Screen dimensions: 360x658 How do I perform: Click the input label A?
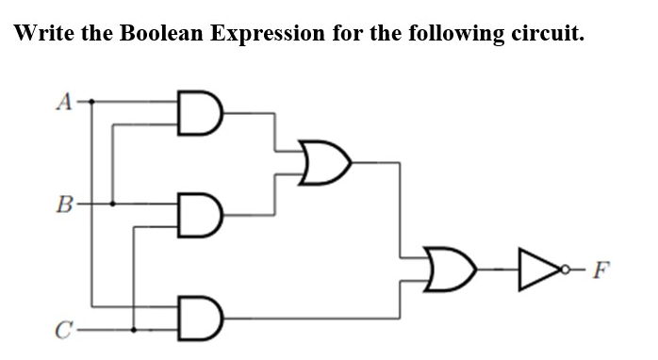coord(64,101)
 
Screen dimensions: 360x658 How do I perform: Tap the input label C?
coord(63,331)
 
